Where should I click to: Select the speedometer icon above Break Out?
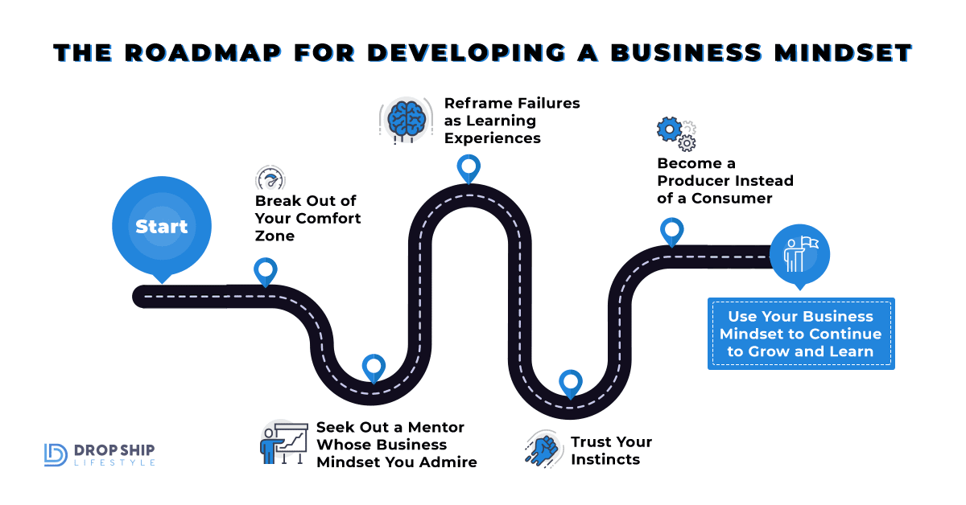(270, 179)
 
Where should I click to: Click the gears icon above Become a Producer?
(676, 133)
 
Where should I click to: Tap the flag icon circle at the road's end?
(799, 254)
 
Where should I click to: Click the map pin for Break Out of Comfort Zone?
(265, 271)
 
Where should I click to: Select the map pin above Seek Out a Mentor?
(374, 367)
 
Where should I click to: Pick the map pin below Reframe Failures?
(468, 168)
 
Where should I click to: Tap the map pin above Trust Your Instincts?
(570, 383)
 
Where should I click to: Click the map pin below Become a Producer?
(671, 231)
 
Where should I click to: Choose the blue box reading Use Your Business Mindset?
(801, 334)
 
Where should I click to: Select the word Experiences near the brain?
(493, 138)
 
